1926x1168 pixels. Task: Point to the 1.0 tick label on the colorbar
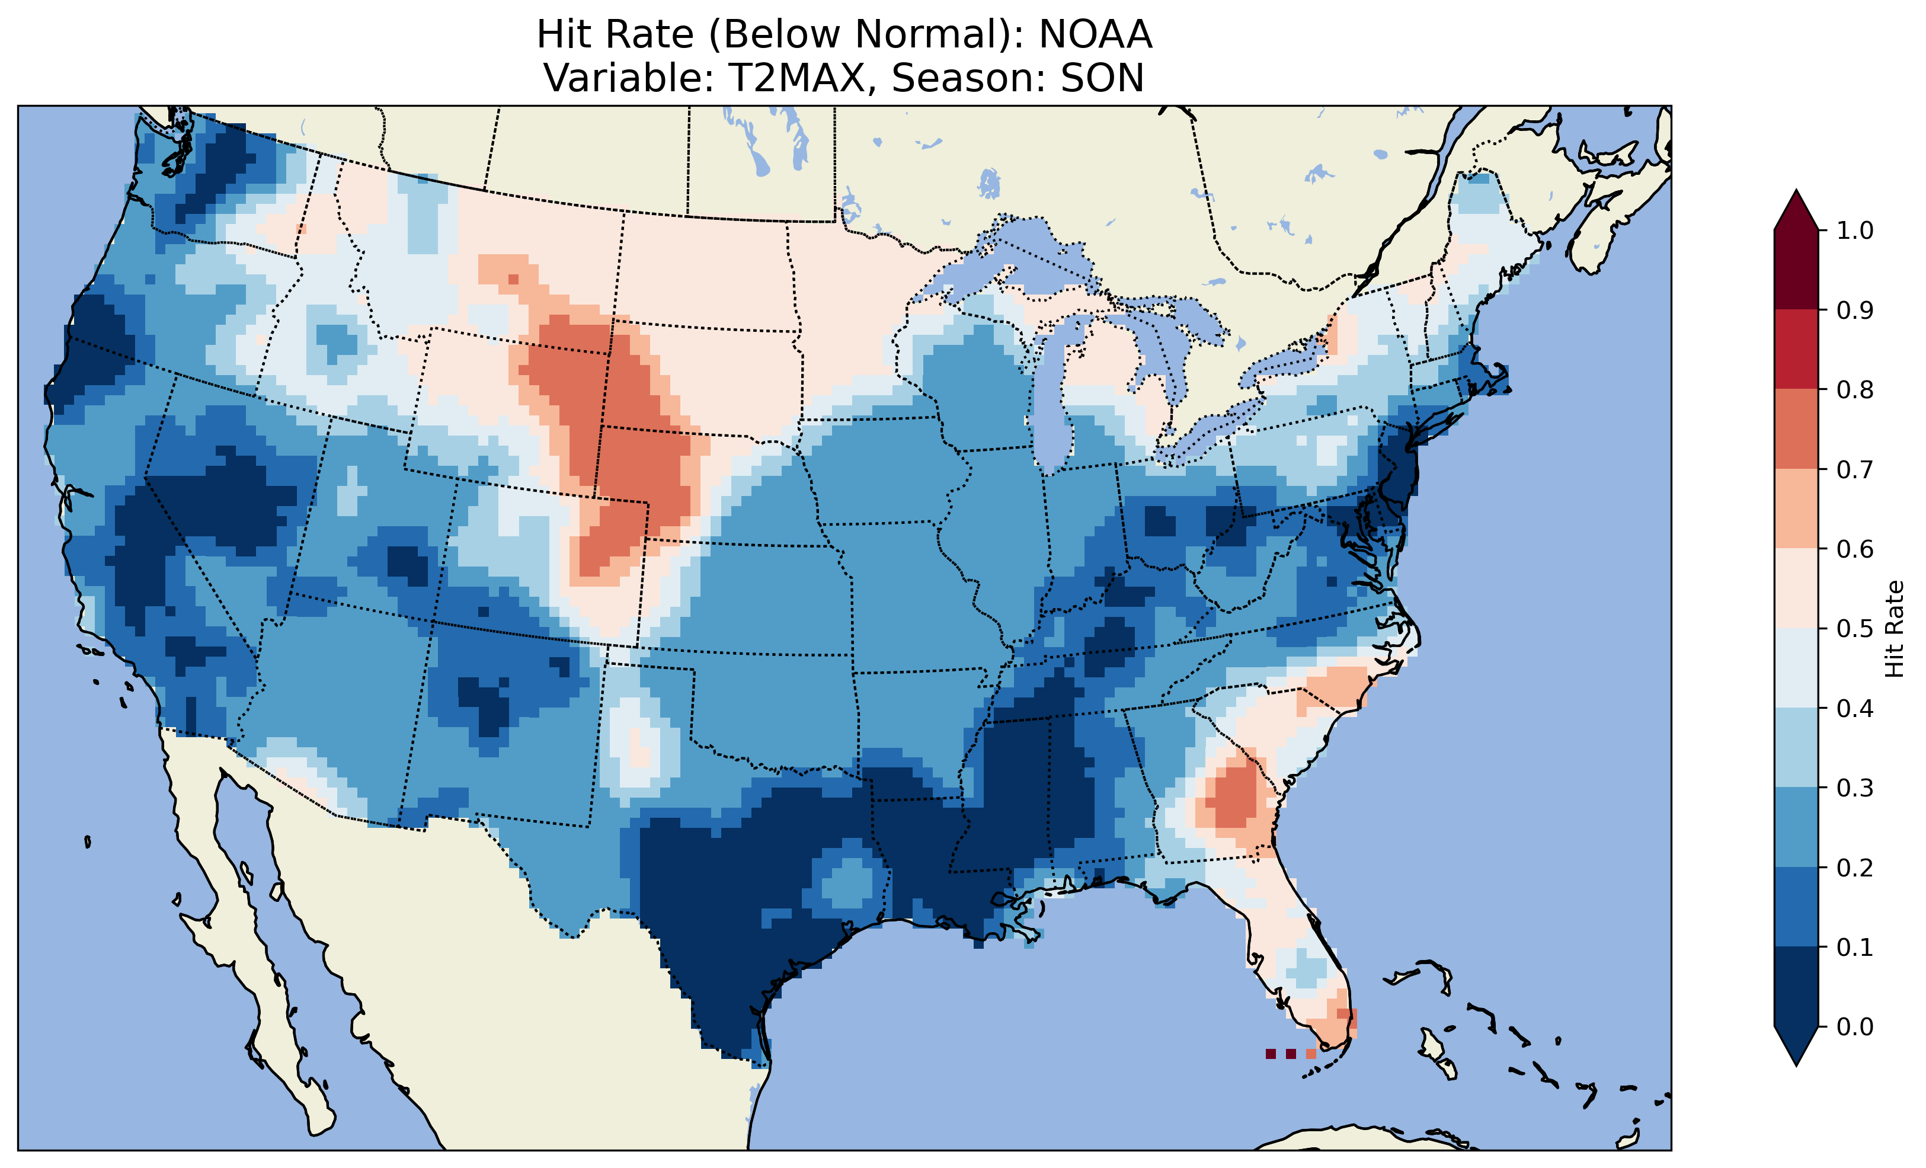pos(1855,231)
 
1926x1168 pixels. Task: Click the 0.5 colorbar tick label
pos(1855,629)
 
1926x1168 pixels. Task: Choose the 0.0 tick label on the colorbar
pos(1855,1026)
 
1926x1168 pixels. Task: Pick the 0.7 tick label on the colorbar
pos(1855,470)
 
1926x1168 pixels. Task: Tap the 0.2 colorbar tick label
pos(1855,868)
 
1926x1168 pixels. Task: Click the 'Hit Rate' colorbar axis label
pos(1895,629)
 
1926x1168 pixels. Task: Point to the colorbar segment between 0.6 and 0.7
pos(1796,509)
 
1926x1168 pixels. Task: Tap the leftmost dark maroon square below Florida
pos(1270,1054)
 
